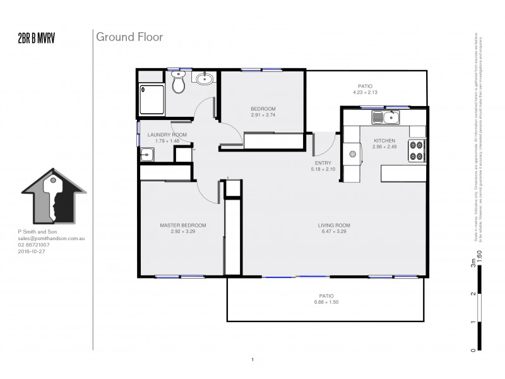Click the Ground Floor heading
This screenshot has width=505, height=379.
(129, 37)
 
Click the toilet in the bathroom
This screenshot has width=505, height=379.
(178, 82)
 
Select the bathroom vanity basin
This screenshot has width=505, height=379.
(204, 79)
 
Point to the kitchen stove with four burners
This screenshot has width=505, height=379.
(417, 149)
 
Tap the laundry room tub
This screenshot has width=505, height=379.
(146, 153)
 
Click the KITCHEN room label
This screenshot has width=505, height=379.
(384, 141)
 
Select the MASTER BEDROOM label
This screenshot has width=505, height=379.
(183, 226)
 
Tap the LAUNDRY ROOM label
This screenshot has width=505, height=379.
(167, 135)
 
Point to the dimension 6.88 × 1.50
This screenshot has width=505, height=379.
(326, 303)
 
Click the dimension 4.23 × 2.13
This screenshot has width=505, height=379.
(365, 93)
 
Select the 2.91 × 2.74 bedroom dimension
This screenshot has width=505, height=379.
(263, 116)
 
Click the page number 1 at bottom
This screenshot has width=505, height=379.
(252, 360)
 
